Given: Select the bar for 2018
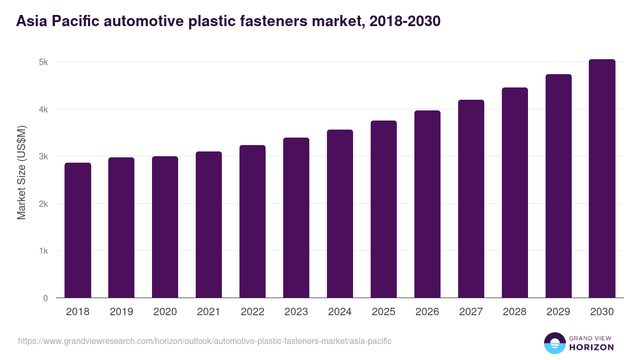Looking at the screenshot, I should coord(78,230).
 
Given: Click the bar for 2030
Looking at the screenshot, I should coord(602,179).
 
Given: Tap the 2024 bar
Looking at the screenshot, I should coord(340,214).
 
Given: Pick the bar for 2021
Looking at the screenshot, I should coord(209,225).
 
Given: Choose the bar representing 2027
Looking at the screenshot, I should coord(471,199).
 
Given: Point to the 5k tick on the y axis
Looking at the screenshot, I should coord(43,62).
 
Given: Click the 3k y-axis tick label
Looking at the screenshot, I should coord(43,156).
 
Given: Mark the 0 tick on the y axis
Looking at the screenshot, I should coord(45,298).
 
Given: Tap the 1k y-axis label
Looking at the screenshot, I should coord(43,251).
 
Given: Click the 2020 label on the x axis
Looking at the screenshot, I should coord(165,312).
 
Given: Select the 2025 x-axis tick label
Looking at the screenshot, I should coord(383,312).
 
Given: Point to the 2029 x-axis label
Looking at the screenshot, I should coord(558,312).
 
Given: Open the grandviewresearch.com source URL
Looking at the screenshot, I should coord(205,341).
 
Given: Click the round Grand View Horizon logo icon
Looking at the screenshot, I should coord(554,343).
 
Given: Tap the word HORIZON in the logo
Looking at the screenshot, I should coord(591,347).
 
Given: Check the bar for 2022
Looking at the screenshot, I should coord(252,221).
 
